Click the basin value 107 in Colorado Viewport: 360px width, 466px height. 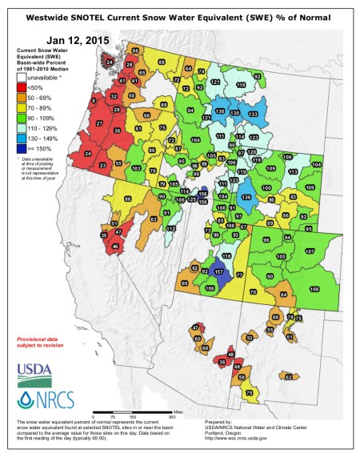coord(310,251)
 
